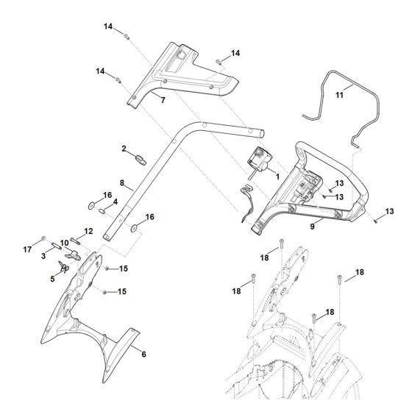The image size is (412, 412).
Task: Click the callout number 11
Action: (340, 96)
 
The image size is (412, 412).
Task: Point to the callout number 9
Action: (313, 227)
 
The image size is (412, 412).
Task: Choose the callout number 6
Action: (143, 354)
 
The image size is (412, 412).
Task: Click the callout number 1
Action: (277, 177)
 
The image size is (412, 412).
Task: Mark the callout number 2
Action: (124, 149)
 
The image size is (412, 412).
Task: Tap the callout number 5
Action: (52, 280)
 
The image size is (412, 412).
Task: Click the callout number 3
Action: (43, 257)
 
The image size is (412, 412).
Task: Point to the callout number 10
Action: (65, 242)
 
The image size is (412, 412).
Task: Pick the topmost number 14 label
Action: (108, 26)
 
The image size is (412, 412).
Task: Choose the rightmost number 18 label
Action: (360, 272)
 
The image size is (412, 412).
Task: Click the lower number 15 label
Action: (123, 292)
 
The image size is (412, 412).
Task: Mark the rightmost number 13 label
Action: (390, 211)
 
